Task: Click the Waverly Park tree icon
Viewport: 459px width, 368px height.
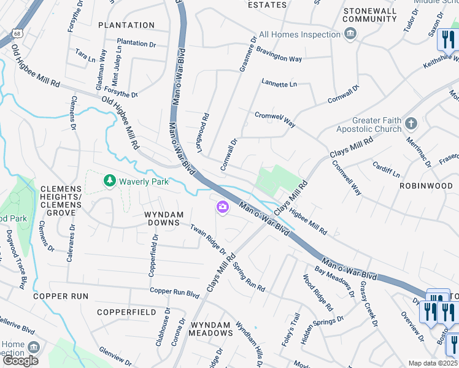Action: (110, 181)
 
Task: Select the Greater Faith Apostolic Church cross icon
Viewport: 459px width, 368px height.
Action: (411, 125)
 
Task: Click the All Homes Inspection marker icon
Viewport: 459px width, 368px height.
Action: (350, 34)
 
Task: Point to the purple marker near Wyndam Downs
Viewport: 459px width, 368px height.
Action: (222, 209)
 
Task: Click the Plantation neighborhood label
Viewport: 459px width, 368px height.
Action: (126, 25)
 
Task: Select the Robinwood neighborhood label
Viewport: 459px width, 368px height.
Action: (425, 185)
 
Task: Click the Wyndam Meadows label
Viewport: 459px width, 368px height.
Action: (210, 329)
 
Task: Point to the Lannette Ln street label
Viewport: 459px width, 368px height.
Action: (279, 83)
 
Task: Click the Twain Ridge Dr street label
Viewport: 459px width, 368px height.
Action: (208, 240)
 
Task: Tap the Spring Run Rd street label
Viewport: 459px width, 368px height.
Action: (247, 277)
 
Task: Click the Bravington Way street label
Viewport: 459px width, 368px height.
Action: (279, 55)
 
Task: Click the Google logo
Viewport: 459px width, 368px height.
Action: (20, 361)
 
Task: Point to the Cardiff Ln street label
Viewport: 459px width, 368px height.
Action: (386, 166)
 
